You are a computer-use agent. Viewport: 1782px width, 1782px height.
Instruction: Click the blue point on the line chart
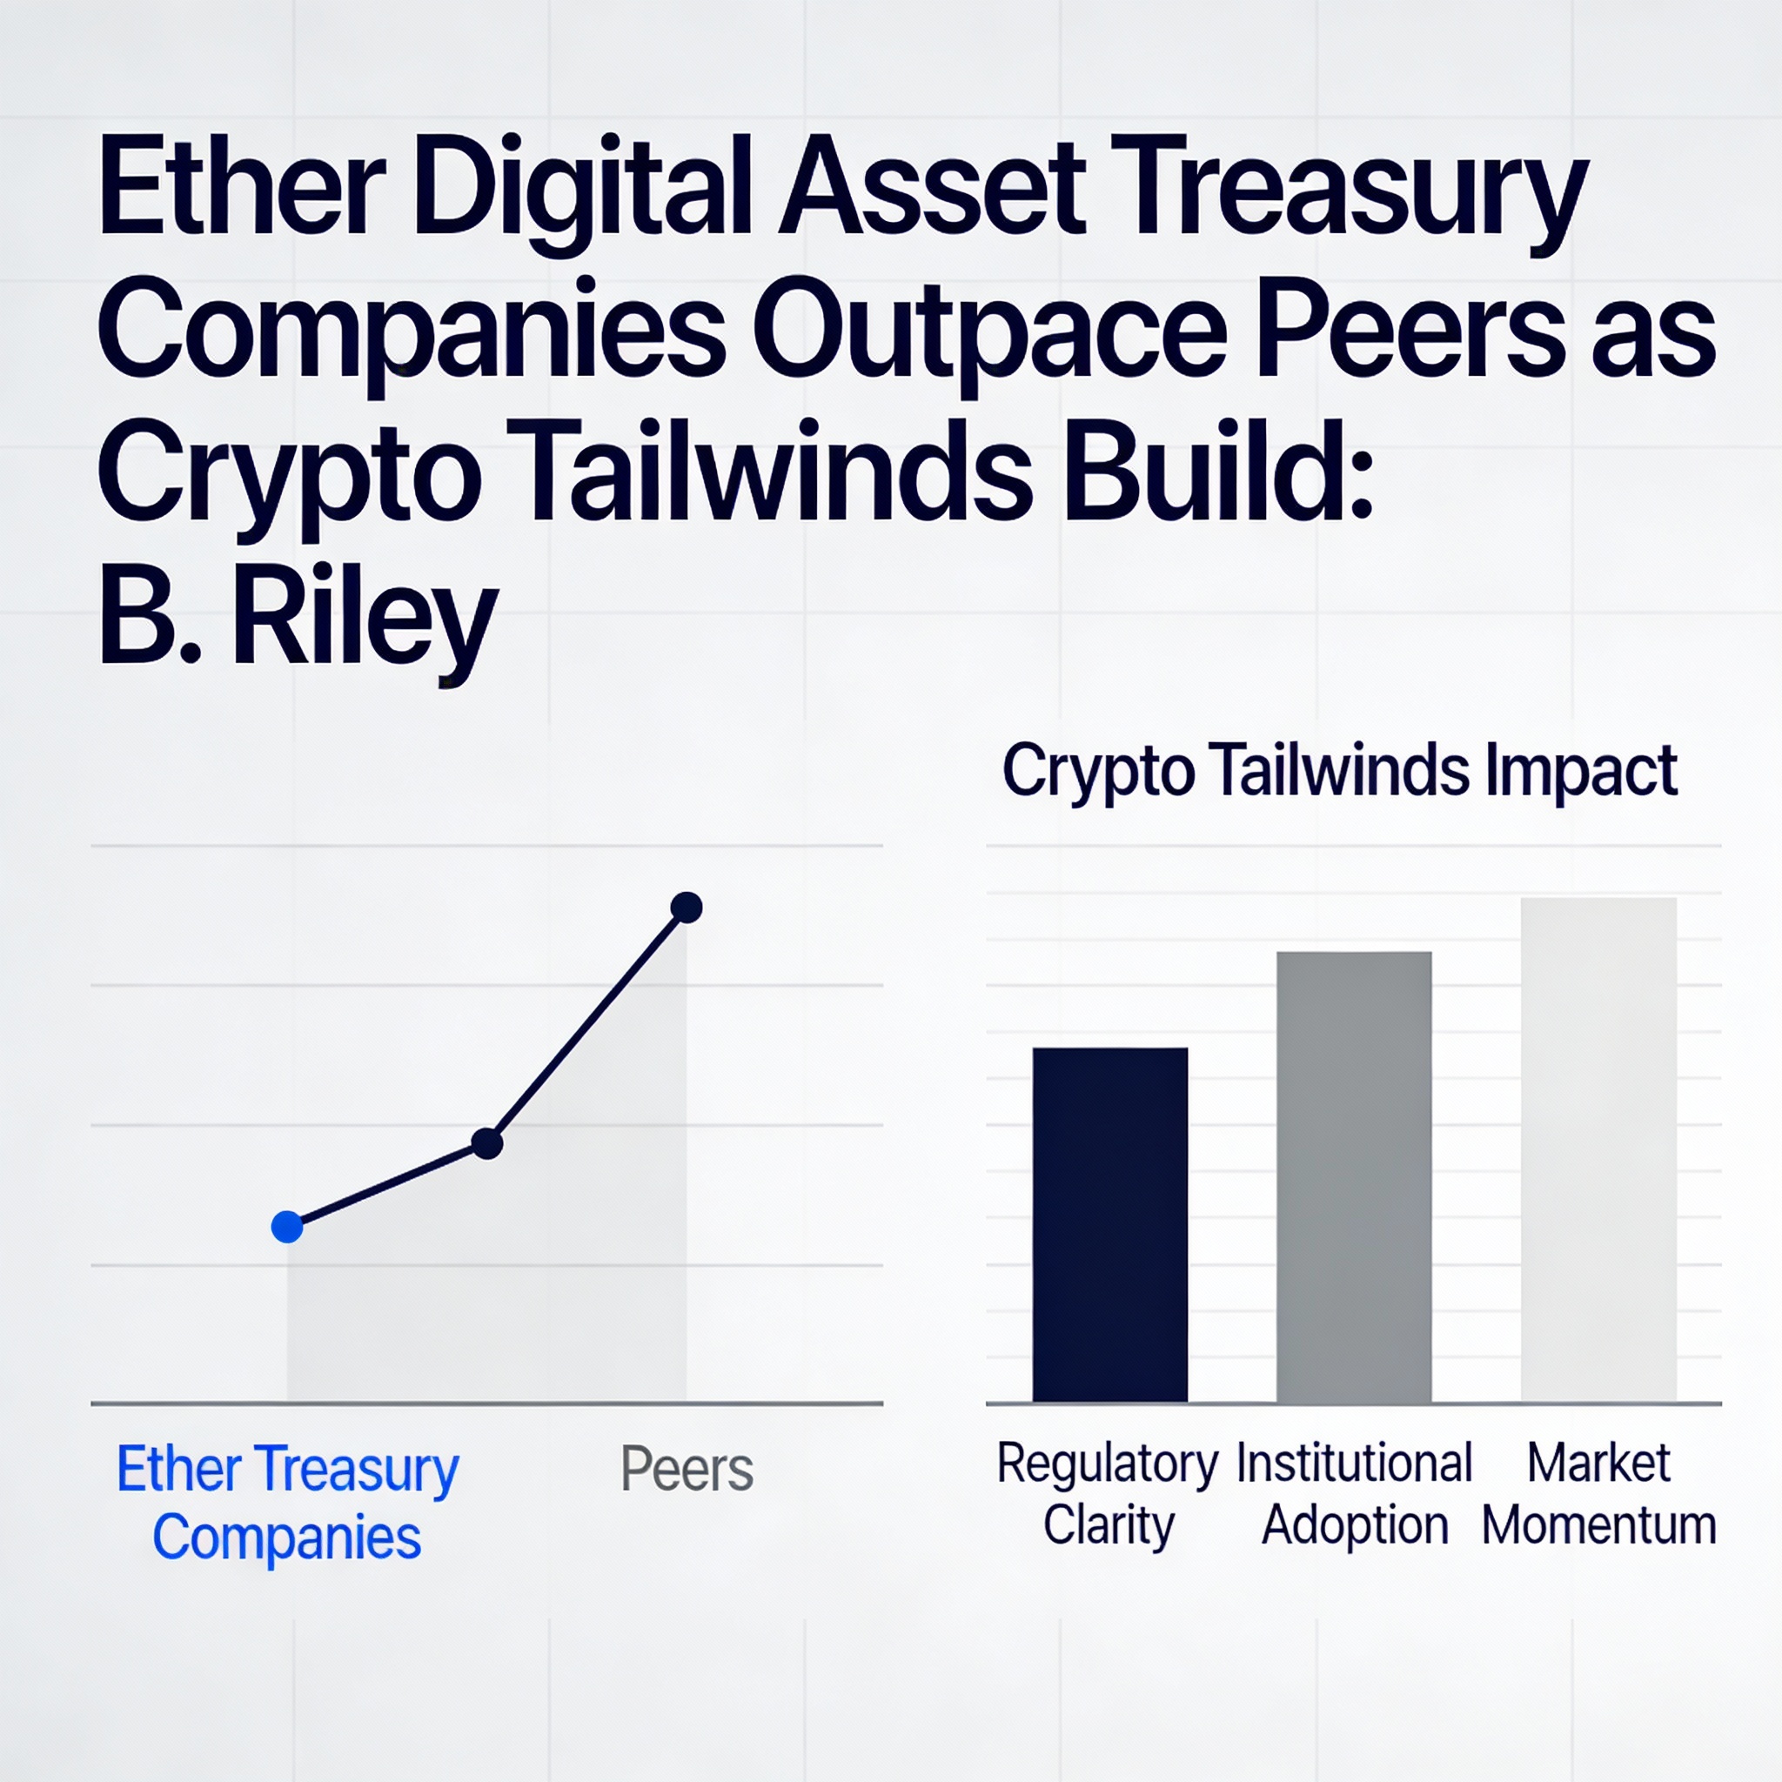click(x=287, y=1227)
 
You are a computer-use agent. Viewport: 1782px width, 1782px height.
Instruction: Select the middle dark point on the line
click(x=487, y=1143)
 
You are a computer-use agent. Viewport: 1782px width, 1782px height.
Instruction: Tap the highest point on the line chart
click(x=687, y=908)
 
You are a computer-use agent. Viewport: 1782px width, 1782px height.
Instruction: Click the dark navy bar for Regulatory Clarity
click(x=1109, y=1225)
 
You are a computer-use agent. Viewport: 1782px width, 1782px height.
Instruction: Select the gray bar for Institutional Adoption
click(x=1354, y=1177)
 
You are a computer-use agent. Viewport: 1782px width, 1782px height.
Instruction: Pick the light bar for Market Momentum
click(x=1598, y=1150)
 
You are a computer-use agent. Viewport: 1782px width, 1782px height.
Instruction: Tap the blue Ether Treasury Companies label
click(x=287, y=1503)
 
